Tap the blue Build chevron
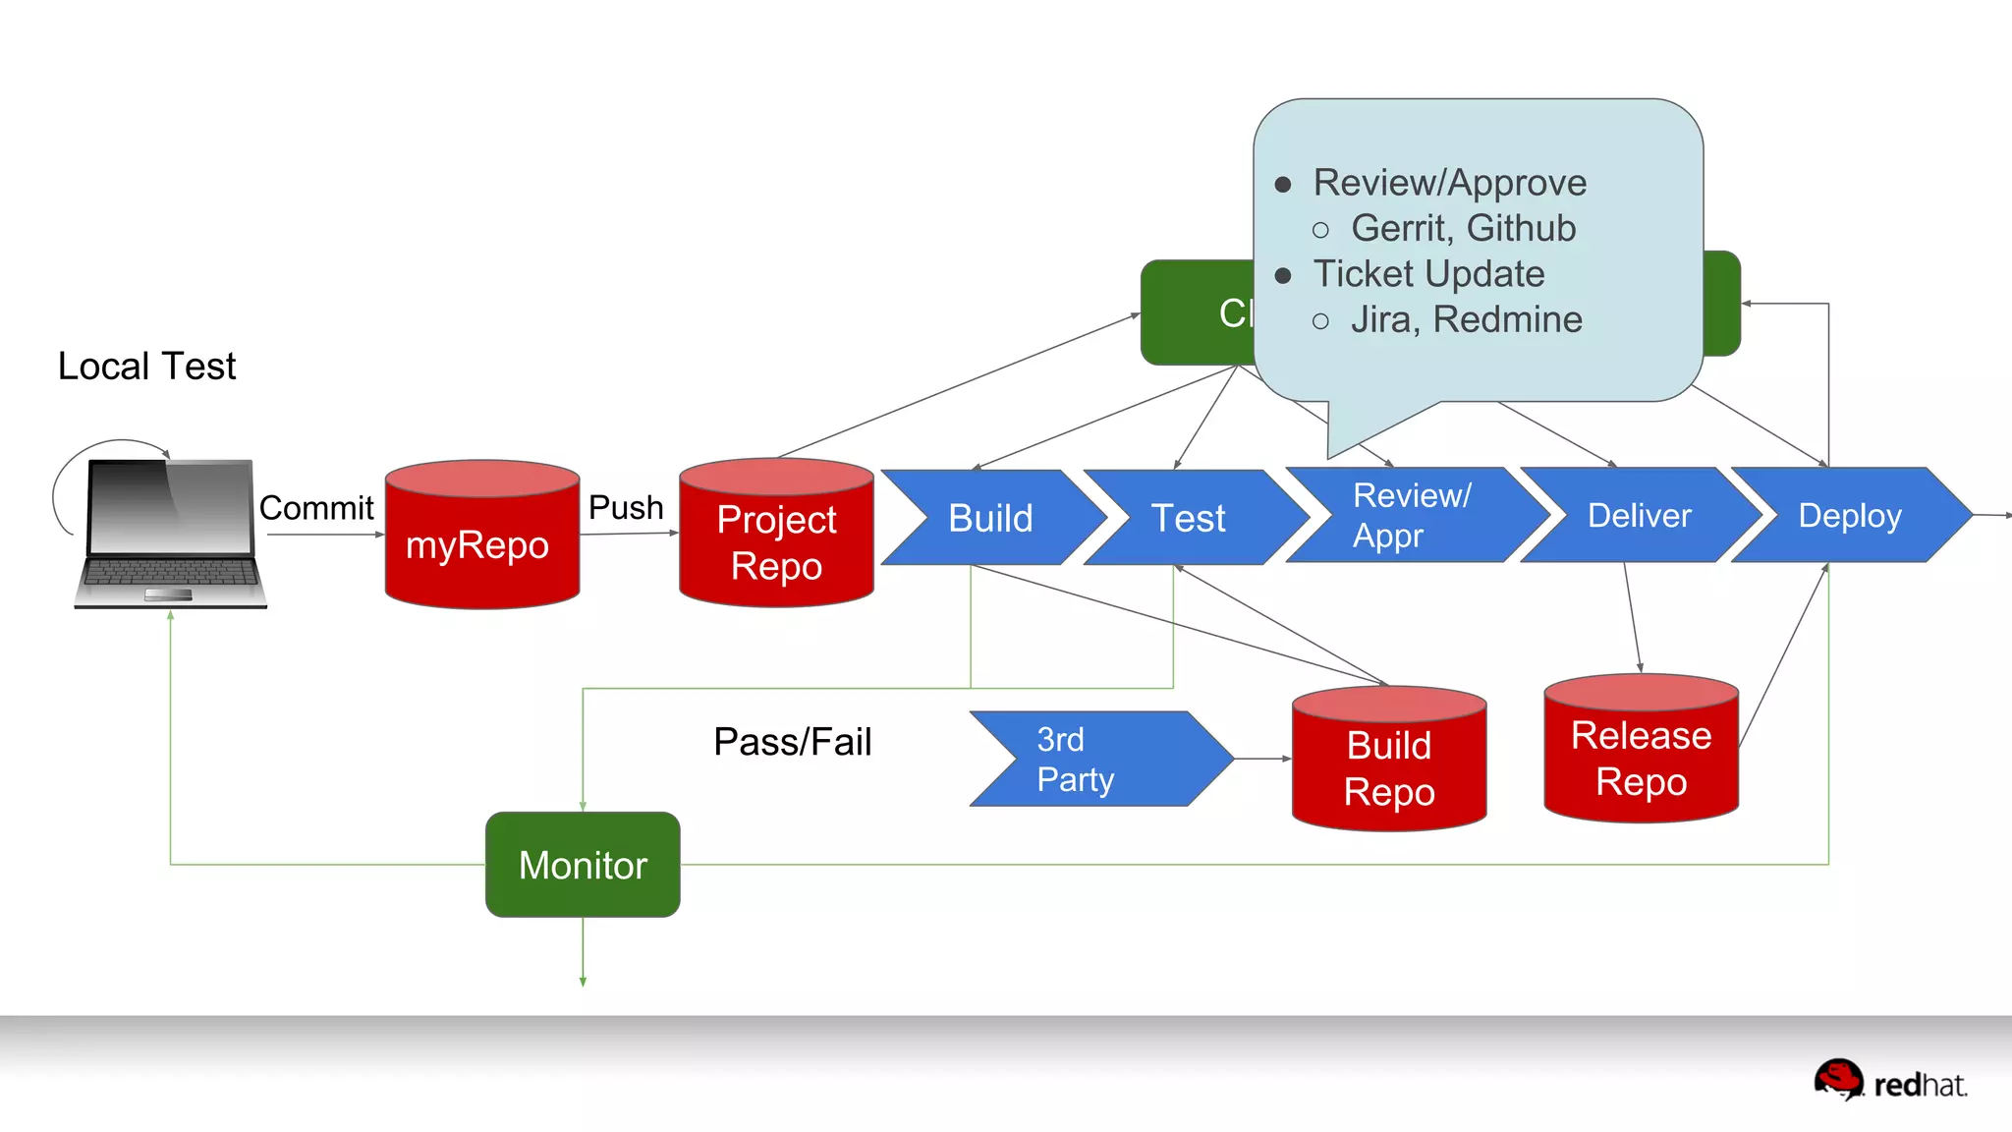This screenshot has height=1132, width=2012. click(x=990, y=518)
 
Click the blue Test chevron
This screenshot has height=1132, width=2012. click(x=1189, y=518)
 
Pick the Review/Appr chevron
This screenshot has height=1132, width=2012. click(x=1412, y=516)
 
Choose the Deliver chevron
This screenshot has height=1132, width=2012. click(x=1639, y=516)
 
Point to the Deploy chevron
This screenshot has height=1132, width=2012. click(x=1849, y=516)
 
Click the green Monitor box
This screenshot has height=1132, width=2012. click(x=583, y=865)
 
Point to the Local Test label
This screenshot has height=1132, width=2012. click(x=147, y=367)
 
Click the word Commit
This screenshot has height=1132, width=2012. click(x=316, y=508)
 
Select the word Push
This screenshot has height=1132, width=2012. click(x=626, y=507)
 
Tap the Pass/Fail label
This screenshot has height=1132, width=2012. click(x=792, y=742)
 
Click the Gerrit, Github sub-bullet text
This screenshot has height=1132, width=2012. click(x=1463, y=228)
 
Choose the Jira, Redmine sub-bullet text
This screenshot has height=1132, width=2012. click(x=1466, y=319)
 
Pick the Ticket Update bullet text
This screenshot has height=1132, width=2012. click(x=1428, y=274)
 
